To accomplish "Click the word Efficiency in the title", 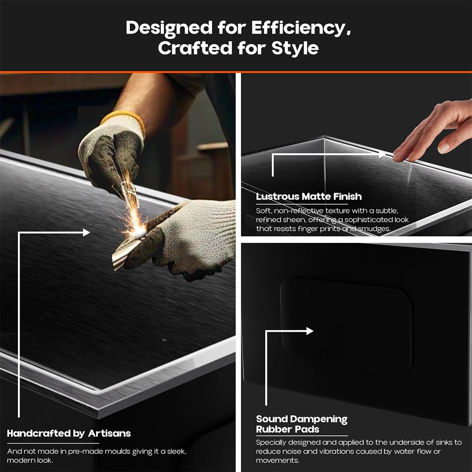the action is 301,28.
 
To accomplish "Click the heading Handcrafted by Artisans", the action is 69,434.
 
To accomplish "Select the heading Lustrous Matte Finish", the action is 309,197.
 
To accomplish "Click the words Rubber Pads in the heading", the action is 288,429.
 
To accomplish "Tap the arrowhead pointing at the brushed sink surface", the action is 87,233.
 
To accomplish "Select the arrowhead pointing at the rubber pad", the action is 310,331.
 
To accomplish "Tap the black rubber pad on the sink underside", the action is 346,325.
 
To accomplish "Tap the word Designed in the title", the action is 169,28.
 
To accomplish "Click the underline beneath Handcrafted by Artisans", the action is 53,443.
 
